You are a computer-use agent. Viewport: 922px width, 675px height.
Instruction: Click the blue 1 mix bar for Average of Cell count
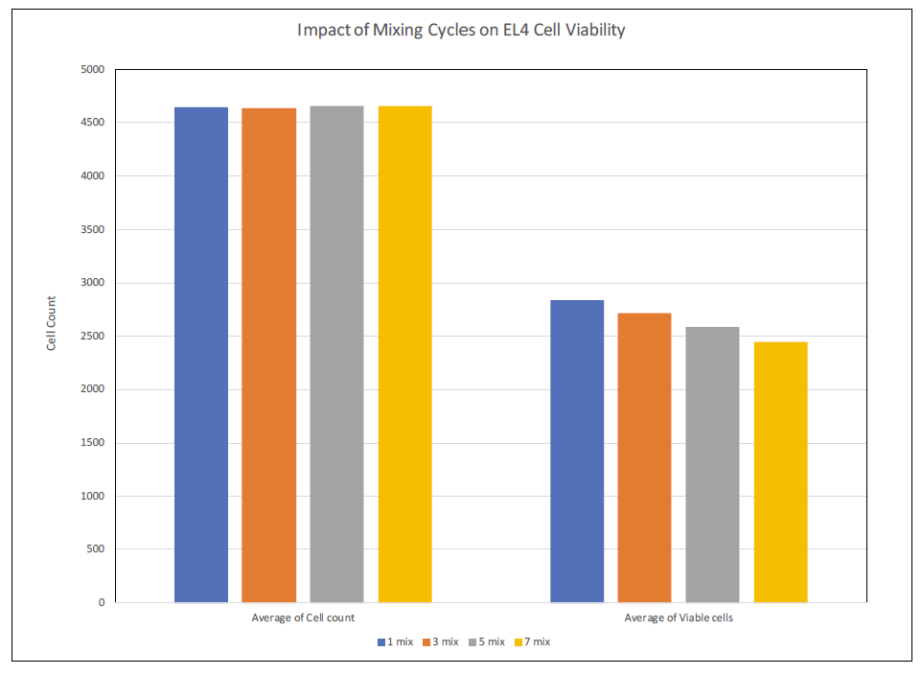point(201,355)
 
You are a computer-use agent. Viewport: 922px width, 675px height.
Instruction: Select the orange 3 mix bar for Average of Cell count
point(269,355)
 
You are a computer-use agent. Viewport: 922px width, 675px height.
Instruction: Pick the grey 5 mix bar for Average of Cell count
point(337,355)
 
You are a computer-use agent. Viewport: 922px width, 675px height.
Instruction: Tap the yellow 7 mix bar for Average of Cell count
point(405,355)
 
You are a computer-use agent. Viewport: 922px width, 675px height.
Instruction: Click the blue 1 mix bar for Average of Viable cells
point(577,451)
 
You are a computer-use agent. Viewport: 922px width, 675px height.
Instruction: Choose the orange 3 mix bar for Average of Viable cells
point(645,457)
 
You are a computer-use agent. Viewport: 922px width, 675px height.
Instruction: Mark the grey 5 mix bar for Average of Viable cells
point(713,464)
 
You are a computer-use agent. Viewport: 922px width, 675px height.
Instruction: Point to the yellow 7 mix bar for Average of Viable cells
point(781,472)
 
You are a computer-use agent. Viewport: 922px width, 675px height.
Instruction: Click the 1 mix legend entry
point(396,641)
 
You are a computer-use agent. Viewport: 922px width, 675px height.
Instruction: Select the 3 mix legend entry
point(441,641)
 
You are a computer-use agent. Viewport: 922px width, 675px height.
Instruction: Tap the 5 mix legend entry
point(487,641)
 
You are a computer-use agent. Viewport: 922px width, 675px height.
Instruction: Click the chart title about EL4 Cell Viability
point(461,30)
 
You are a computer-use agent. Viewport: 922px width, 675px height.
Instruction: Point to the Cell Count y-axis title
point(52,323)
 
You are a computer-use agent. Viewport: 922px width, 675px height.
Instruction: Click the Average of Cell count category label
point(303,618)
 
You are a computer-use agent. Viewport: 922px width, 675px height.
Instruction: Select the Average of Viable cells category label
point(679,618)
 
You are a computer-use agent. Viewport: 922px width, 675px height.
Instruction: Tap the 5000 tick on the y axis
point(94,70)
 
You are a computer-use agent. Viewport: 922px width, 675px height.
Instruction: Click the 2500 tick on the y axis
point(94,337)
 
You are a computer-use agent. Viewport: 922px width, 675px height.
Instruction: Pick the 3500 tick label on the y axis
point(94,230)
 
